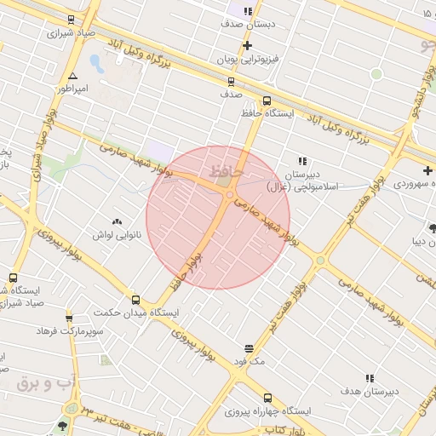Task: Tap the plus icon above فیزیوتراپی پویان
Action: click(x=247, y=45)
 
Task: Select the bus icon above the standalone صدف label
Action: click(x=231, y=82)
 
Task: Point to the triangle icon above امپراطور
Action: click(x=72, y=76)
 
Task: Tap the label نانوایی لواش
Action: click(x=117, y=233)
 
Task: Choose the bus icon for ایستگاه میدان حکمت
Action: click(x=135, y=300)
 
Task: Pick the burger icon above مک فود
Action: click(x=248, y=348)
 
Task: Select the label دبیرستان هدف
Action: click(x=370, y=391)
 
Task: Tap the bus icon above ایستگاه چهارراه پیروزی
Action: click(x=268, y=398)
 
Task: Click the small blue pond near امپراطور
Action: click(x=95, y=63)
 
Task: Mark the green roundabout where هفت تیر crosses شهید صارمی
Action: click(x=320, y=260)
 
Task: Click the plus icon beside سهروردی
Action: click(x=427, y=171)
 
